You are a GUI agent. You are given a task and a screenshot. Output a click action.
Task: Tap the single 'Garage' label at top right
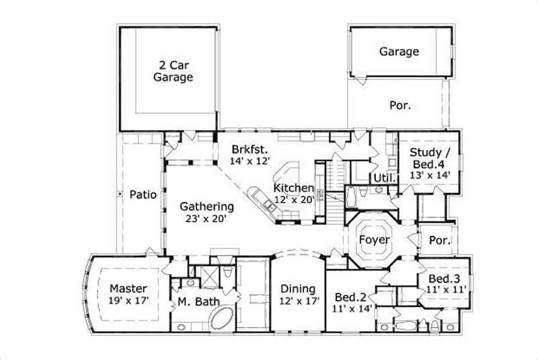click(399, 51)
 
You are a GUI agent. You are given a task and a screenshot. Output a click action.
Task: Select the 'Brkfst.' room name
click(249, 149)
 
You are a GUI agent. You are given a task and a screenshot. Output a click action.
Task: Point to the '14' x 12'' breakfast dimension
click(250, 161)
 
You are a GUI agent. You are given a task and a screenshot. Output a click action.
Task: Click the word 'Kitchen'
click(294, 188)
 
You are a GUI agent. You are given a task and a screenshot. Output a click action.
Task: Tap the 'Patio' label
click(142, 195)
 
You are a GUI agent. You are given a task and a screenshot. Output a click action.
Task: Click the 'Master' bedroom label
click(128, 289)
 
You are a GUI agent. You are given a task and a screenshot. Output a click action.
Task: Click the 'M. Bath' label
click(198, 301)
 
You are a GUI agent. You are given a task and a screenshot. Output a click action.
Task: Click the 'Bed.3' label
click(444, 279)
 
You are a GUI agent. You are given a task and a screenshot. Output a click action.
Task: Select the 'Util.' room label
click(385, 178)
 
